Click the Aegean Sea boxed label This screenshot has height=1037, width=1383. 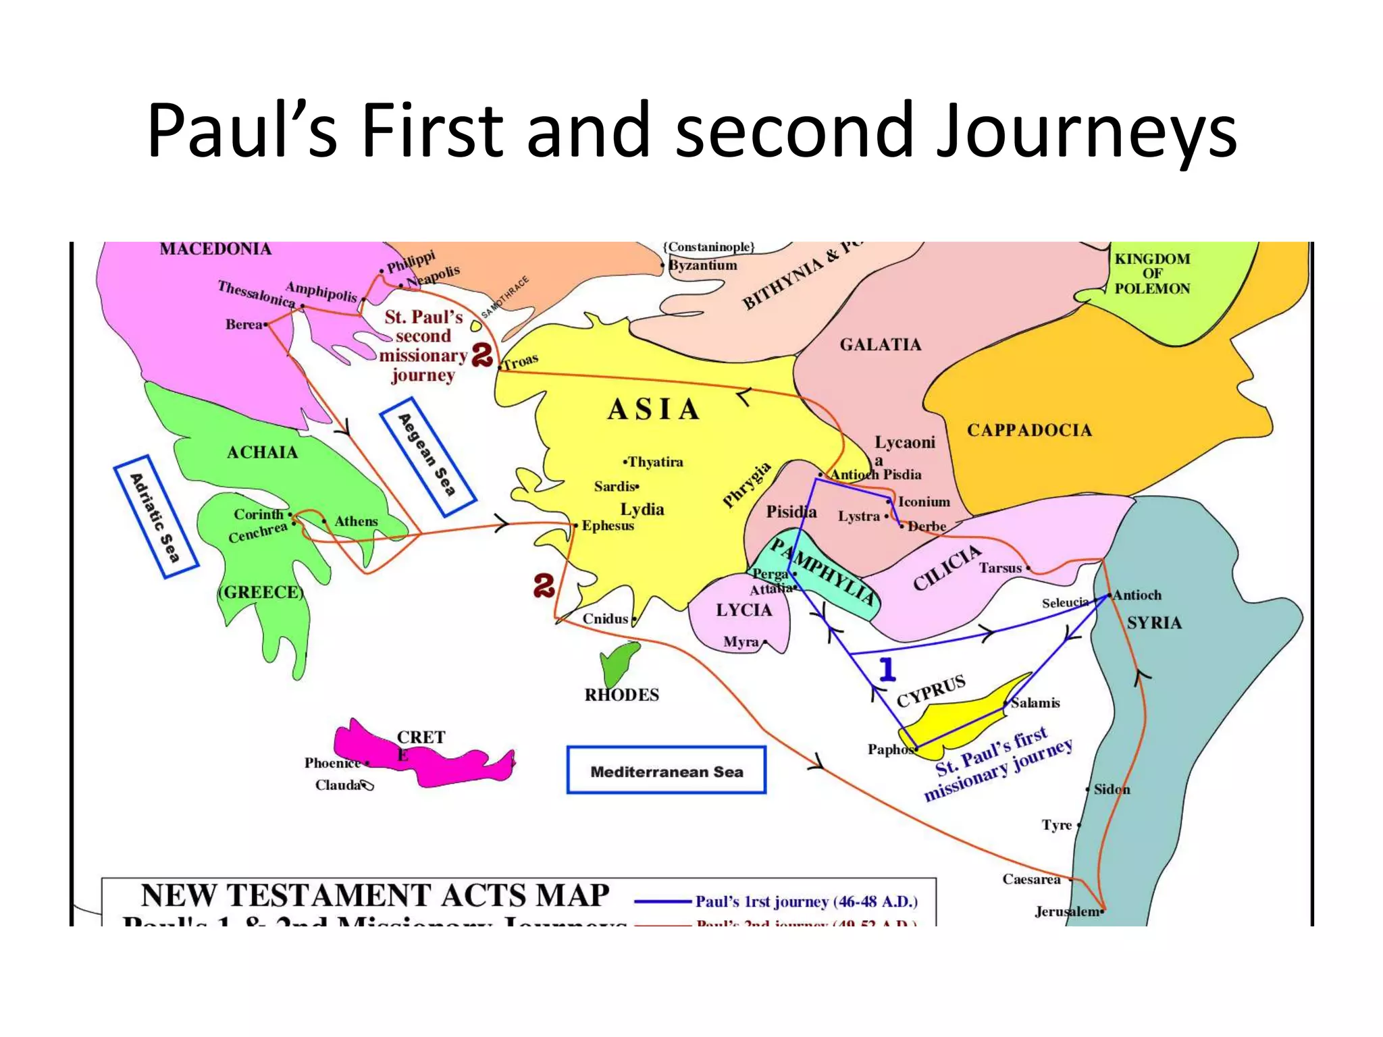428,457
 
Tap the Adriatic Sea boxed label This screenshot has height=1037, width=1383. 156,517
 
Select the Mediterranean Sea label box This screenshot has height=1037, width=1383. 666,770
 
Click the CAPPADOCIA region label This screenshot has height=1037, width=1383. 1029,430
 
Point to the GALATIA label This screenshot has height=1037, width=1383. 881,345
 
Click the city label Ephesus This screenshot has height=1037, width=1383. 608,525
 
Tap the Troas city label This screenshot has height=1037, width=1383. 521,361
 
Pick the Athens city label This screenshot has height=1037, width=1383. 356,521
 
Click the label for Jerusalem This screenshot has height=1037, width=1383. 1068,911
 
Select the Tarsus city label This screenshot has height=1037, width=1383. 1000,568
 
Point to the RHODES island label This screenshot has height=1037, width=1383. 621,695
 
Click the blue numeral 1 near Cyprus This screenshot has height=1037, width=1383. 887,669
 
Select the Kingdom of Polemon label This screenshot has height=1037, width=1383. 1152,273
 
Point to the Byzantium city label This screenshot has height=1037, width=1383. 703,265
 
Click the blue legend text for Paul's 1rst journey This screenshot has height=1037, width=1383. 806,901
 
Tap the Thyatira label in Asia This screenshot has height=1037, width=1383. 655,462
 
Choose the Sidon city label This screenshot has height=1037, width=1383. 1112,789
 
